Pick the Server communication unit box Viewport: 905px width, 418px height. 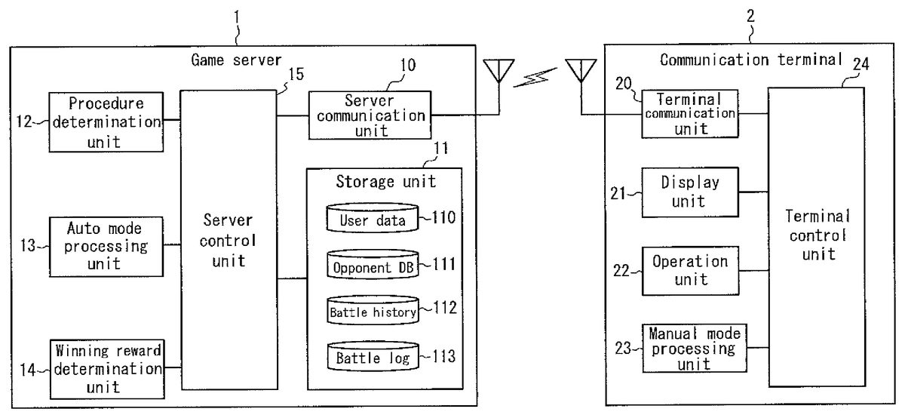[370, 115]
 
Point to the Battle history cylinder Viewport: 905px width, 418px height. [373, 311]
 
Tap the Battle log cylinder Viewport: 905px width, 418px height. [373, 357]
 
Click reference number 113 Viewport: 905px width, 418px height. [441, 356]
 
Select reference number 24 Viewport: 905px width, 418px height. [861, 64]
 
